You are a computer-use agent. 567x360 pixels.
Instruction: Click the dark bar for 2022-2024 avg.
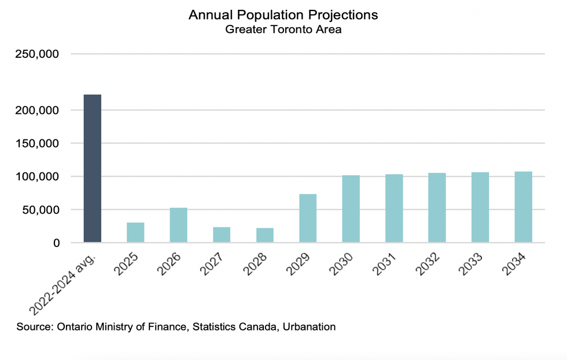click(93, 168)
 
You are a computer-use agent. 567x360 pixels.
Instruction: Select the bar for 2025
click(135, 233)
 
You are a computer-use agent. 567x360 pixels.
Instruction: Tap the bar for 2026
click(178, 225)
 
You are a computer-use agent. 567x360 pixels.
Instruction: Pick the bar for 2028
click(264, 235)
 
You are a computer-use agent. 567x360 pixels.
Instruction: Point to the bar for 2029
click(308, 218)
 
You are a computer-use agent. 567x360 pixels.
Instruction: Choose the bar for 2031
click(394, 208)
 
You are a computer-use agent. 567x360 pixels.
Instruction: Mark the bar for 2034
click(523, 207)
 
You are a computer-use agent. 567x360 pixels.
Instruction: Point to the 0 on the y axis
click(57, 243)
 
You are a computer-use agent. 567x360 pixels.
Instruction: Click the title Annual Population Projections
click(283, 15)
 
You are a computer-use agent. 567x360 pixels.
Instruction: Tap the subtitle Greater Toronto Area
click(283, 29)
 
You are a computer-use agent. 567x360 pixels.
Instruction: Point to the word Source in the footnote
click(35, 327)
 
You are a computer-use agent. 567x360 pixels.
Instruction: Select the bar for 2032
click(437, 208)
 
